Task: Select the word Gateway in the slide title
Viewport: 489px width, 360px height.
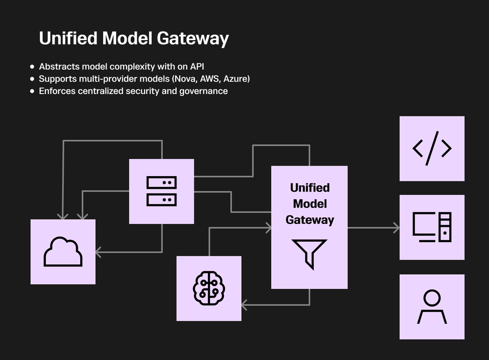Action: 193,39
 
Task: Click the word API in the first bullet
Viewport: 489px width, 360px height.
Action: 197,66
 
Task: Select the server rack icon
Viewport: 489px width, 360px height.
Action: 161,191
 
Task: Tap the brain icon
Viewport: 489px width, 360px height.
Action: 209,288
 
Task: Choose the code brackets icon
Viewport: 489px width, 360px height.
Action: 432,148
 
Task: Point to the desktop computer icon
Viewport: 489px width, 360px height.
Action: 432,227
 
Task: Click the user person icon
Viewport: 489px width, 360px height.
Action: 432,307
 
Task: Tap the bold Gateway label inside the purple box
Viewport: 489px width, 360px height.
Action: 309,220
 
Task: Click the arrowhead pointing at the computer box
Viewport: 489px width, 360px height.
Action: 396,228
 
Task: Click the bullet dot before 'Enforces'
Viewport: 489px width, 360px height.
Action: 32,91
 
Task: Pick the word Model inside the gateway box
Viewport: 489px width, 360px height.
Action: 309,204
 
